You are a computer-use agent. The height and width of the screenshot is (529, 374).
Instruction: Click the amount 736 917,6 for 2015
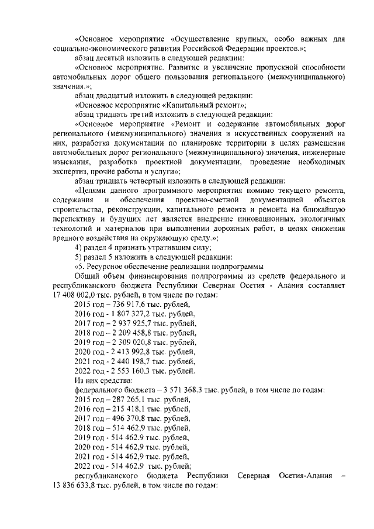point(125,305)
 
